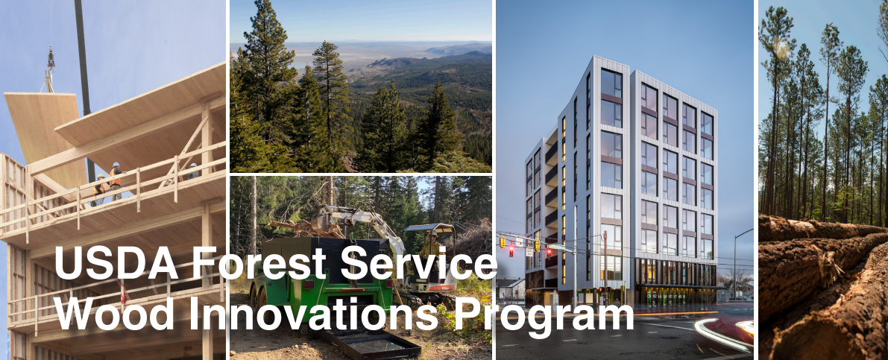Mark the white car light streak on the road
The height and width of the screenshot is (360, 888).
[x=720, y=335]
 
